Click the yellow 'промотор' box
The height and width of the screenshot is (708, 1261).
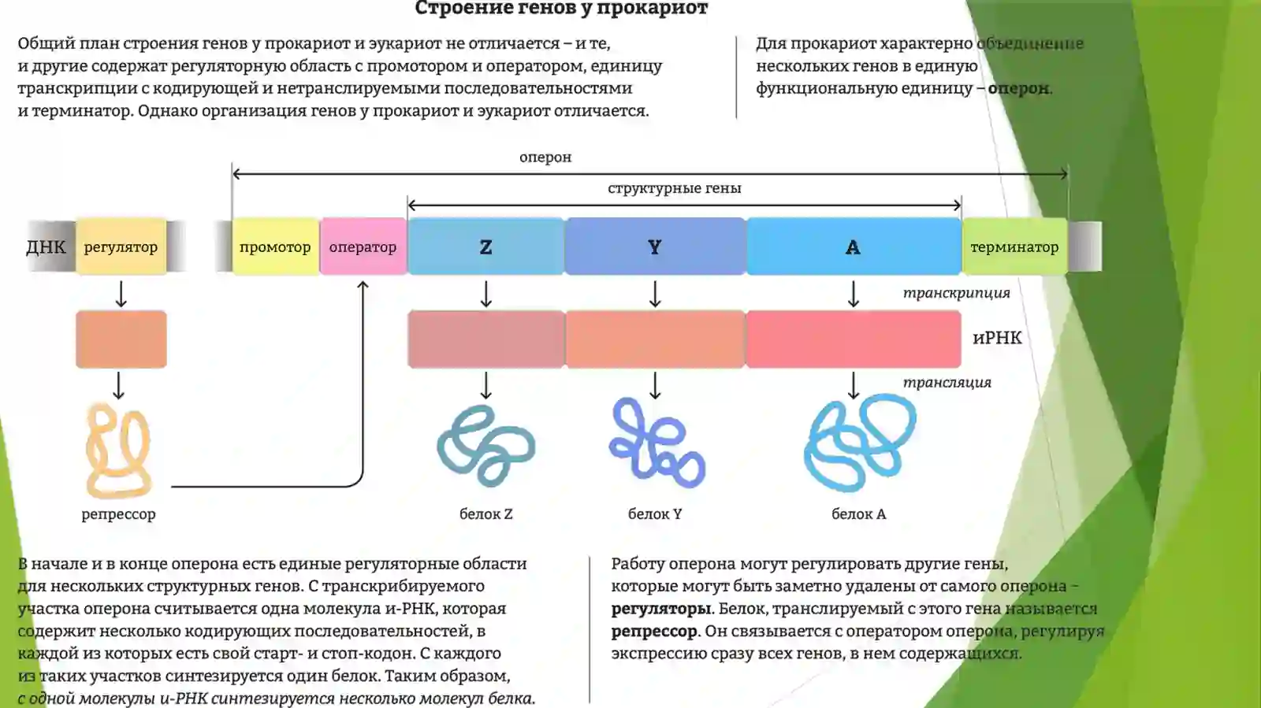click(x=276, y=247)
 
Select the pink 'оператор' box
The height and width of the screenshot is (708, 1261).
click(x=363, y=247)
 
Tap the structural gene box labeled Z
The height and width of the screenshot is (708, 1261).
click(x=485, y=247)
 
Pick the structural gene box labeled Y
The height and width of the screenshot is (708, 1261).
click(x=655, y=247)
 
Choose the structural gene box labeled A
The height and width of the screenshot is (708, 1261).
click(x=854, y=247)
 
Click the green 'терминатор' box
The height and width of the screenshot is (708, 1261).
click(x=1014, y=247)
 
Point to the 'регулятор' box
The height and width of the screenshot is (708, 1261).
click(x=121, y=247)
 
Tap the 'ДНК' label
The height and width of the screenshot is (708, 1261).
click(x=46, y=247)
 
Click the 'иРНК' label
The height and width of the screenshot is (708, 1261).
click(x=997, y=338)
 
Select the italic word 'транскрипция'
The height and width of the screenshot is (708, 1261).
click(x=957, y=294)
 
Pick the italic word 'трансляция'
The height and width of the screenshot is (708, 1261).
click(x=947, y=383)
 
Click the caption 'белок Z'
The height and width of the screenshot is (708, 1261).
click(x=485, y=514)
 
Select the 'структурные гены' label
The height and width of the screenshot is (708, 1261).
click(x=675, y=188)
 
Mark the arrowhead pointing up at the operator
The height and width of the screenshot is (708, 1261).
click(x=363, y=286)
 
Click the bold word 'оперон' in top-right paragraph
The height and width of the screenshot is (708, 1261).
click(x=1018, y=89)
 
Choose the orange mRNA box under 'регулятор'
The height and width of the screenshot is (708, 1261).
click(x=121, y=339)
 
